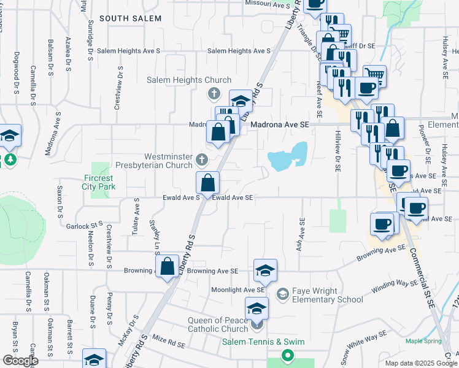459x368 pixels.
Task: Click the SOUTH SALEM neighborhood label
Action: point(130,18)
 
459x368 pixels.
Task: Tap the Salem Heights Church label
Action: point(189,80)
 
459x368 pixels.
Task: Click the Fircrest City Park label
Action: point(99,182)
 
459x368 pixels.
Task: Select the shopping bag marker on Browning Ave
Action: point(167,267)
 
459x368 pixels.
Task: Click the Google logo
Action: point(20,361)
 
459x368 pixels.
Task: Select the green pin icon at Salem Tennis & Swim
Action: point(287,355)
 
